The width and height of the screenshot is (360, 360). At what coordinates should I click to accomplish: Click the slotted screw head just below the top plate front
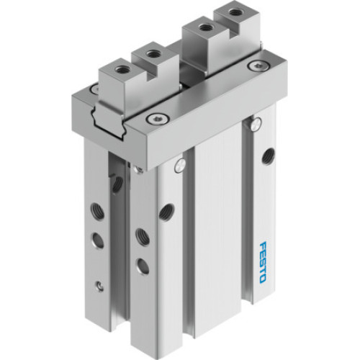pyautogui.click(x=176, y=168)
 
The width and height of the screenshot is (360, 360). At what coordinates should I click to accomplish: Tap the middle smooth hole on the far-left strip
pyautogui.click(x=99, y=239)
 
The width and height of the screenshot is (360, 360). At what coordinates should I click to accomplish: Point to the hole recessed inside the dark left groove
pyautogui.click(x=116, y=184)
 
